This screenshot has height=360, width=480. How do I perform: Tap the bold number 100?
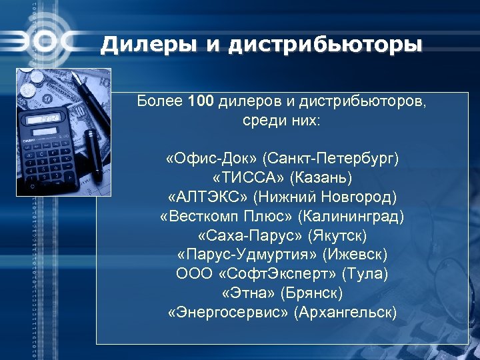pyautogui.click(x=201, y=102)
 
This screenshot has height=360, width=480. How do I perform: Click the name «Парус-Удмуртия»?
pyautogui.click(x=247, y=255)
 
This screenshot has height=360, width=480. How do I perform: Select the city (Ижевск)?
pyautogui.click(x=354, y=255)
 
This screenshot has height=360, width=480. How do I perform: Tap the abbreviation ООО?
pyautogui.click(x=191, y=274)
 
